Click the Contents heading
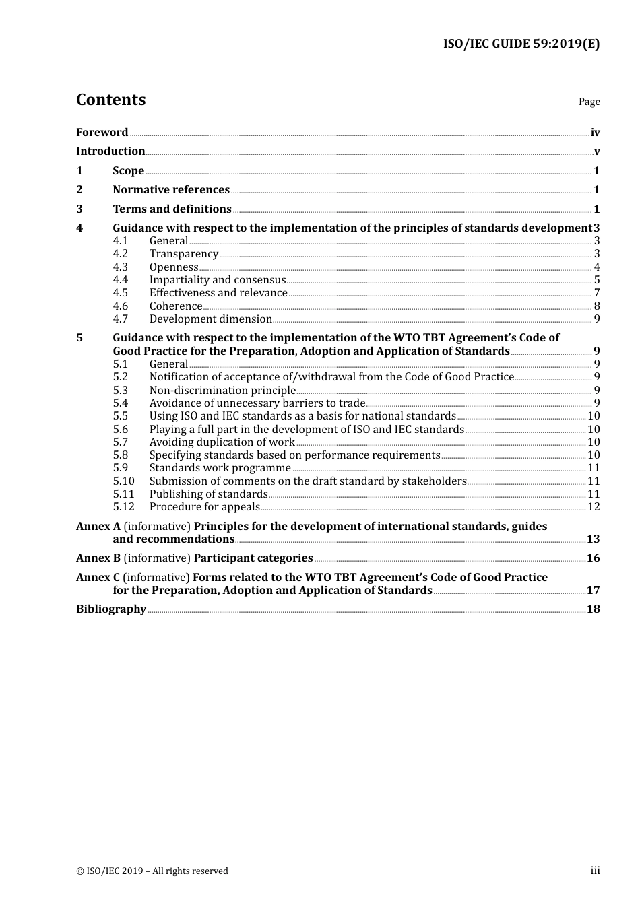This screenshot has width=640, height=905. pyautogui.click(x=110, y=100)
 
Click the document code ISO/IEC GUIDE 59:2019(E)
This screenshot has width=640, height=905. pyautogui.click(x=521, y=44)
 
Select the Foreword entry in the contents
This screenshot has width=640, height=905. pyautogui.click(x=102, y=133)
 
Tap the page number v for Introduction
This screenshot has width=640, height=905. pyautogui.click(x=596, y=152)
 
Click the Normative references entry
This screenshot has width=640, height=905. pyautogui.click(x=171, y=190)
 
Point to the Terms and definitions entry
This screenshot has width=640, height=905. pyautogui.click(x=172, y=209)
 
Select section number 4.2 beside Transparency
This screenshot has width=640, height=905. pyautogui.click(x=120, y=254)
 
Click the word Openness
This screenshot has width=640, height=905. pyautogui.click(x=174, y=267)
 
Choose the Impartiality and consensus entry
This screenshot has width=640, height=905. pyautogui.click(x=218, y=280)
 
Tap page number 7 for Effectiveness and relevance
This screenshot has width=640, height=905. pyautogui.click(x=596, y=293)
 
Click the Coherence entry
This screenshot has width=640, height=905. pyautogui.click(x=176, y=306)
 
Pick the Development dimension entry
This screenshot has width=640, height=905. pyautogui.click(x=211, y=319)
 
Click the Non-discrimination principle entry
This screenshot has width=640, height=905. pyautogui.click(x=222, y=391)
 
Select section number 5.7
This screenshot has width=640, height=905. pyautogui.click(x=120, y=442)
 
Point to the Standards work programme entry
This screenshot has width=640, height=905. pyautogui.click(x=220, y=468)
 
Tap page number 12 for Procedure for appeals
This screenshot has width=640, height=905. pyautogui.click(x=594, y=507)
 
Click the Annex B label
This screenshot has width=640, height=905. pyautogui.click(x=98, y=558)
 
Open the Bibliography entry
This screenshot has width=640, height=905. pyautogui.click(x=111, y=609)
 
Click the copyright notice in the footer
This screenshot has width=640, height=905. pyautogui.click(x=152, y=871)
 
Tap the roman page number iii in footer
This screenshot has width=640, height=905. pyautogui.click(x=595, y=871)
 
